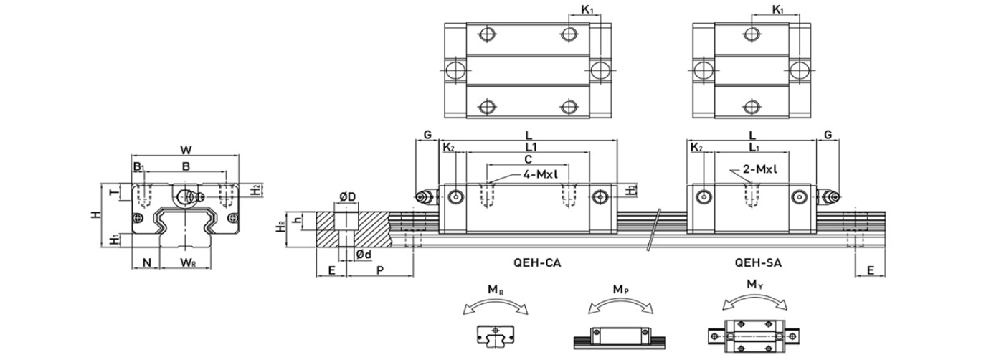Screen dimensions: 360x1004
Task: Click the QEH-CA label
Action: pos(539,262)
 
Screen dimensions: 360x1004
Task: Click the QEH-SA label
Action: pos(759,262)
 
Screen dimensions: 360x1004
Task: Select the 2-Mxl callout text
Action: pos(760,169)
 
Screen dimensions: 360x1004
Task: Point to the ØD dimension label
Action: pos(348,196)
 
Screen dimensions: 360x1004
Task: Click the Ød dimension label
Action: pos(364,255)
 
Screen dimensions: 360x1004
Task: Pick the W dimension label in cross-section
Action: pos(186,150)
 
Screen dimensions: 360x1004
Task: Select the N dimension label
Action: pos(146,263)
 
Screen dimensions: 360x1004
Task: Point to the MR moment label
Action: pos(495,290)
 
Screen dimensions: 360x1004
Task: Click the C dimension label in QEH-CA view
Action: pos(528,158)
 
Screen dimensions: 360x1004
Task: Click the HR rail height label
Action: pos(282,227)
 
